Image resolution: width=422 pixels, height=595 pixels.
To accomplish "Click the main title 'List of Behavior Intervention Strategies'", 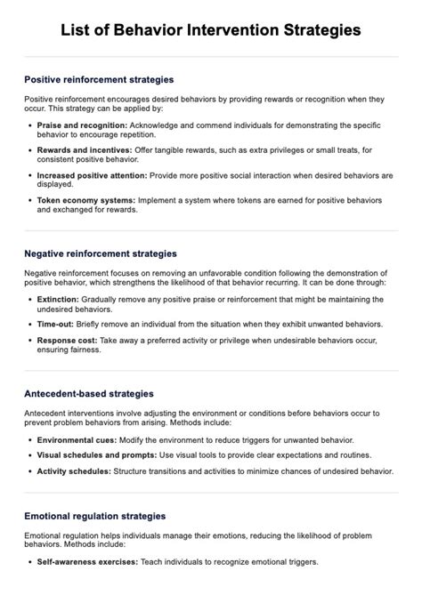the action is (211, 30).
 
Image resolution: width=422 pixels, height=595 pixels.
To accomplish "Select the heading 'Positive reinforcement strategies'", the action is (99, 79).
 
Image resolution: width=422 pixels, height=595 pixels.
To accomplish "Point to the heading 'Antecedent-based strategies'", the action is (90, 392).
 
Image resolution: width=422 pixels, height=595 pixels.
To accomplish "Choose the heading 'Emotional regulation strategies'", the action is (95, 516).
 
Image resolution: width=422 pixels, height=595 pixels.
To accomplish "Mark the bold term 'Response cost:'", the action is (66, 341).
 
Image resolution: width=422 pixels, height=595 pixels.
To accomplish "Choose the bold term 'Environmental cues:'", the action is (73, 440).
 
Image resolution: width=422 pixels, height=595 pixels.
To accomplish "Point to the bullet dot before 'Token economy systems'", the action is (30, 201).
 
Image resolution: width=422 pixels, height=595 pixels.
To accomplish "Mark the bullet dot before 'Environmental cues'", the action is (30, 440).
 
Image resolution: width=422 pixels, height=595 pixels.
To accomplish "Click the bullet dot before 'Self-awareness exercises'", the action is (30, 563).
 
